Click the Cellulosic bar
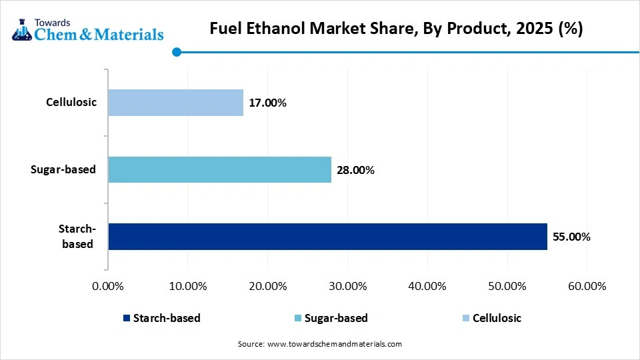tap(175, 103)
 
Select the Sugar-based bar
tap(219, 169)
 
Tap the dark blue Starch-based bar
tap(327, 237)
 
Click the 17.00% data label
tap(267, 103)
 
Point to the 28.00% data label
tap(355, 170)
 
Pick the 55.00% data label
tap(571, 237)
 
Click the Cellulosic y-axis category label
tap(71, 103)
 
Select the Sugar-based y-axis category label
tap(63, 169)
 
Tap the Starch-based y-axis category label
tap(78, 237)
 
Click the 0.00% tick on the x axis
tap(107, 286)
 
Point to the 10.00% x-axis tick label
tap(187, 286)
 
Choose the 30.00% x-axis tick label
tap(347, 286)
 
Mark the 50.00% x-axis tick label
tap(507, 286)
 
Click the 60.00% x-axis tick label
tap(587, 286)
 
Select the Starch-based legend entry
tap(161, 318)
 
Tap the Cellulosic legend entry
tap(491, 318)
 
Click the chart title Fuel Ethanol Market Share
tap(396, 29)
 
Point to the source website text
tap(320, 344)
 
